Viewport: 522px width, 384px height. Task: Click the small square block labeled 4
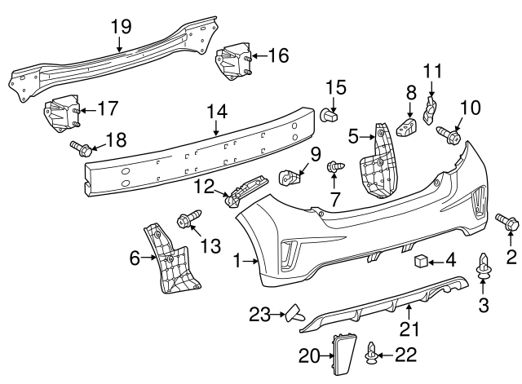coord(421,261)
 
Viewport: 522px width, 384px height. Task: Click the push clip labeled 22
coord(374,352)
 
